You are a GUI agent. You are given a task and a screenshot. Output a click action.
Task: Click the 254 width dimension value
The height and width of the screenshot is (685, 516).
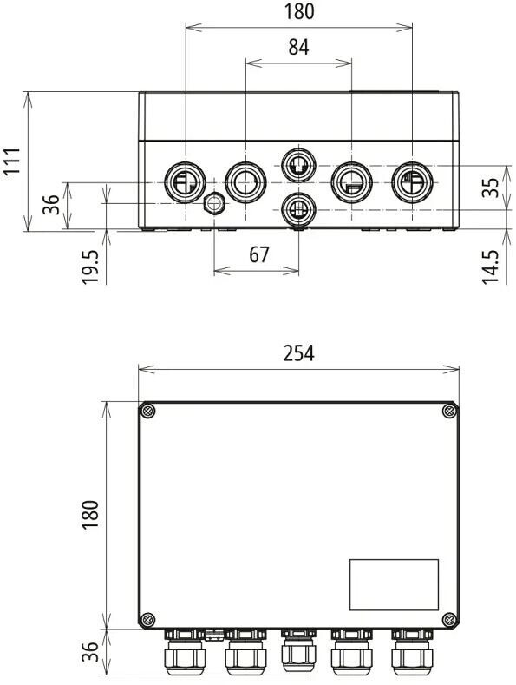click(x=298, y=353)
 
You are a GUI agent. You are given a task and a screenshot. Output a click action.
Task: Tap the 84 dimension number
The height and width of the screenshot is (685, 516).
click(x=298, y=47)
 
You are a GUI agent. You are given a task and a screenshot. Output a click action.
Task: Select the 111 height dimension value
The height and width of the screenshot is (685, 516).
click(x=12, y=161)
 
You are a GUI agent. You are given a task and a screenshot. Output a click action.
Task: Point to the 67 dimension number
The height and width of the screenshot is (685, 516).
click(x=259, y=254)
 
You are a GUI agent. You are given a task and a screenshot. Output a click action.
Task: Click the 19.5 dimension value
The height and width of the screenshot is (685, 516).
click(x=90, y=267)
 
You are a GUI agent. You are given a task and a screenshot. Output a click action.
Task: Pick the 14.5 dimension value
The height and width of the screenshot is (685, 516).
click(x=491, y=267)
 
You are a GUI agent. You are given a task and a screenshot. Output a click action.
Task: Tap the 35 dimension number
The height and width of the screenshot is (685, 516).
click(x=491, y=188)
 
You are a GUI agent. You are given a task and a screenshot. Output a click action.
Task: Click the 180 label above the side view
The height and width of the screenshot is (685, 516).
click(x=299, y=12)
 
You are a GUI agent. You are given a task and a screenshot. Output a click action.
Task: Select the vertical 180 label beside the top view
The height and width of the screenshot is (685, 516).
click(x=90, y=515)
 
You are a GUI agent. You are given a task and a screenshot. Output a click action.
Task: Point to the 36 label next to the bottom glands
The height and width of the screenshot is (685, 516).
click(x=90, y=651)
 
